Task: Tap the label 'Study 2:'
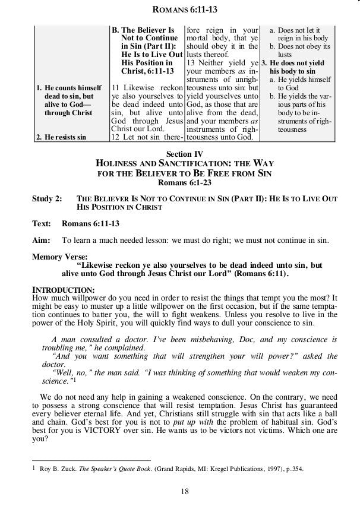(x=46, y=199)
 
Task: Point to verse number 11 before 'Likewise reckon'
(x=116, y=88)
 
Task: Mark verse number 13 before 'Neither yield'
(x=191, y=62)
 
